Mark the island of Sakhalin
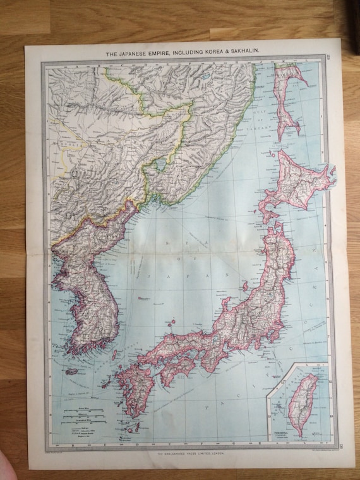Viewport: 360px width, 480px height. (285, 101)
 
